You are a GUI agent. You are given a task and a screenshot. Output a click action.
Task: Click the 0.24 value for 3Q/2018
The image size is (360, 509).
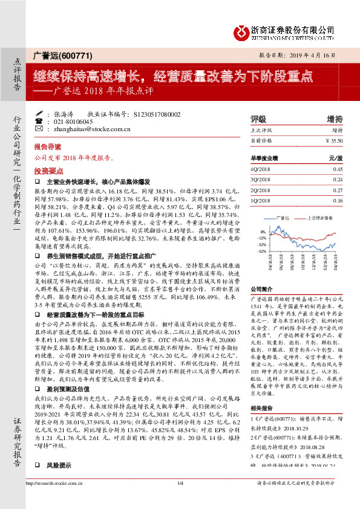click(338, 180)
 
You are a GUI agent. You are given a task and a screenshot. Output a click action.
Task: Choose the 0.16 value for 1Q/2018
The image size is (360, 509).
click(338, 201)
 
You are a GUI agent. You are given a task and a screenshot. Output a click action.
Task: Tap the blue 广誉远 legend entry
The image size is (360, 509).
click(282, 216)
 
